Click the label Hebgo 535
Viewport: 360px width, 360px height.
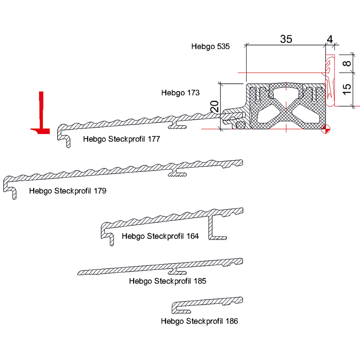[211, 46]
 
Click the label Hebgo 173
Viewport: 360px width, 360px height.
[180, 93]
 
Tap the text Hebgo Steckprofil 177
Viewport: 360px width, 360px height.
[121, 139]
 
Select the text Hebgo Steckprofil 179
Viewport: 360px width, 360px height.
[67, 191]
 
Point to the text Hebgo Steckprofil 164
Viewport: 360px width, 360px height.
[160, 236]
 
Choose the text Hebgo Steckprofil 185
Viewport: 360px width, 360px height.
[167, 281]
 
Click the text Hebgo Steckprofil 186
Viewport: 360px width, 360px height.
[199, 321]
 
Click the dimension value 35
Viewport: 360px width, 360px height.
[286, 39]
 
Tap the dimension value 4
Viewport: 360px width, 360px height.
[330, 39]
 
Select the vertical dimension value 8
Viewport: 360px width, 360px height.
[346, 63]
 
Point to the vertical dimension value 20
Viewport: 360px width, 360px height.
[215, 107]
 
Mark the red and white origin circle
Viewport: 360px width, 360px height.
[327, 129]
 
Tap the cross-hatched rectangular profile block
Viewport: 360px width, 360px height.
[285, 106]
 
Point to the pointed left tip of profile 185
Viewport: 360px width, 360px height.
[80, 273]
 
